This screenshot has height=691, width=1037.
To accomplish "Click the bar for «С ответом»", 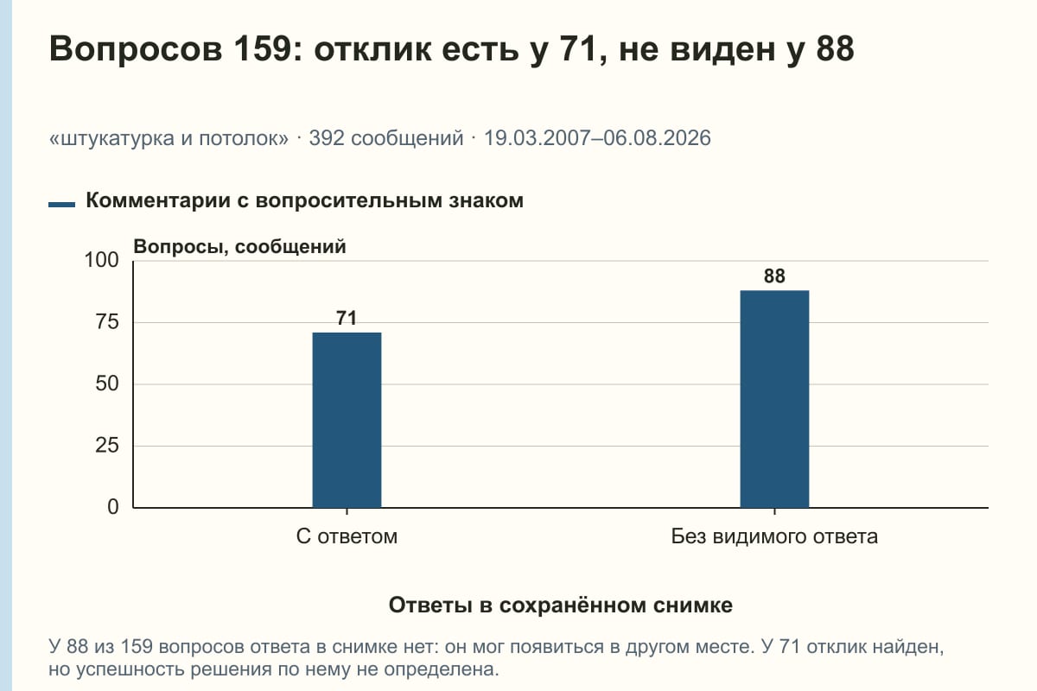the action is tap(347, 421).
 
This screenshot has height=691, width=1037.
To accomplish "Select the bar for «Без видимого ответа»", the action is tap(774, 399).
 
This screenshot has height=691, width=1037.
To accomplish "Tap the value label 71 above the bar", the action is tap(347, 318).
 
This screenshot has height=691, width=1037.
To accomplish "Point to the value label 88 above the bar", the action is tap(774, 276).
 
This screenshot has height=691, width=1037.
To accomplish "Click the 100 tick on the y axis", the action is tap(101, 260).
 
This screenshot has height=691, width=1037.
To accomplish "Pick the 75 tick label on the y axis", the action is tap(107, 322).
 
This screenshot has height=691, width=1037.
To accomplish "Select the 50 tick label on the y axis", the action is tap(107, 384).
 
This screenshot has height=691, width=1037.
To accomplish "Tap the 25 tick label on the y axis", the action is tap(107, 446).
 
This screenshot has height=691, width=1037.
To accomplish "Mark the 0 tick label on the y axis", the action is tap(113, 507).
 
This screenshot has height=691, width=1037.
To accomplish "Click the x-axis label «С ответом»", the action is tap(347, 536).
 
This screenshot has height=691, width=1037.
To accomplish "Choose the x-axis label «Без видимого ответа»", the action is tap(774, 536).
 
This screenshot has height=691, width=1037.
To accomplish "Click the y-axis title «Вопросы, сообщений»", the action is tap(240, 247).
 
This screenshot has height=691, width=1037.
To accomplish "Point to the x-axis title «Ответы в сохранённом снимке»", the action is tap(561, 605).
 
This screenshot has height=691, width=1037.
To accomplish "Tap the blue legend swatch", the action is tap(61, 205).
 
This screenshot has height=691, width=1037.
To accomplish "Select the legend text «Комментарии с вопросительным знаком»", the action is tap(304, 201).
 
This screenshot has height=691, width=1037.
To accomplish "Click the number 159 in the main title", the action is tap(262, 48).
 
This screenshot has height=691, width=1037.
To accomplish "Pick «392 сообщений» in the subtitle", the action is tap(386, 138).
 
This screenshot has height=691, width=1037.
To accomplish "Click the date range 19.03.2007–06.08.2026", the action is tap(597, 138).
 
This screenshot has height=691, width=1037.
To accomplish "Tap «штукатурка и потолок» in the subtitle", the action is tap(169, 138).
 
